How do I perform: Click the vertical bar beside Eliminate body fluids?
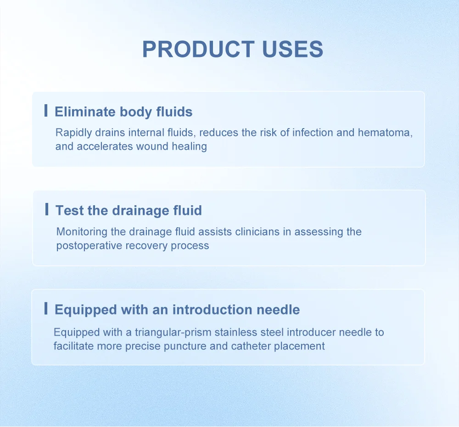point(46,110)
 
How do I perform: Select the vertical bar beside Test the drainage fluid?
point(47,209)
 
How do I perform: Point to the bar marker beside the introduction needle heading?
point(46,309)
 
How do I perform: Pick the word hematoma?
point(385,133)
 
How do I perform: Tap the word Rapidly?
point(74,133)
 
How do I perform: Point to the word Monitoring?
point(82,232)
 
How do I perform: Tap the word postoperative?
point(90,246)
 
